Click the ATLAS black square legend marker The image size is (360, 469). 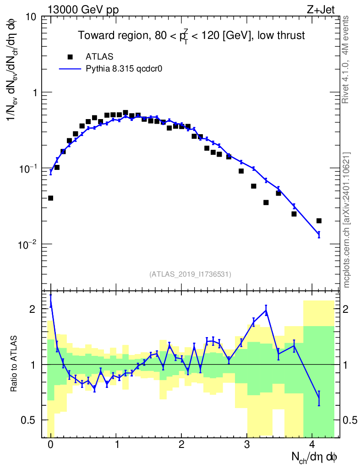coord(70,57)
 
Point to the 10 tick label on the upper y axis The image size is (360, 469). coord(31,17)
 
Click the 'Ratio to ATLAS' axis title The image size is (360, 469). coord(15,365)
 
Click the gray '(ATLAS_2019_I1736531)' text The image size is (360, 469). coord(190,274)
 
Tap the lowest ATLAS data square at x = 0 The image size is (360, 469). coord(50,198)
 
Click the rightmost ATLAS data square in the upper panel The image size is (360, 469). coord(319,221)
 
